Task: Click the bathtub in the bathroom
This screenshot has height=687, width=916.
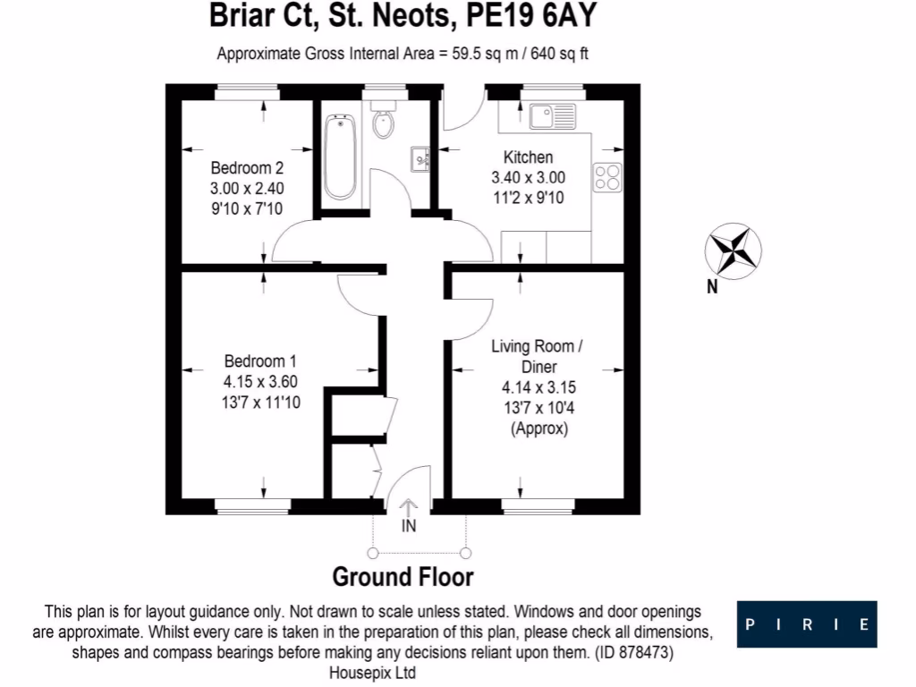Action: pyautogui.click(x=341, y=157)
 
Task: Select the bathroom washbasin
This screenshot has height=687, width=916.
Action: pyautogui.click(x=420, y=159)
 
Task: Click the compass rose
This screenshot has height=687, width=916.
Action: pyautogui.click(x=734, y=250)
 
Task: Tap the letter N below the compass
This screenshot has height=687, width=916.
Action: pyautogui.click(x=712, y=287)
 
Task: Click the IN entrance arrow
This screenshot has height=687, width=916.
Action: pyautogui.click(x=408, y=511)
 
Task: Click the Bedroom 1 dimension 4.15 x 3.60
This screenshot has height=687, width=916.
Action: pyautogui.click(x=260, y=382)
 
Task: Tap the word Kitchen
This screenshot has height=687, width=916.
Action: pyautogui.click(x=528, y=157)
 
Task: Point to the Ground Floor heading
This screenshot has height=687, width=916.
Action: pyautogui.click(x=403, y=577)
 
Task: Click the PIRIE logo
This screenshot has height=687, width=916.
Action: pyautogui.click(x=807, y=624)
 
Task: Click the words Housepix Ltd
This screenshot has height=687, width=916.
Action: pyautogui.click(x=372, y=672)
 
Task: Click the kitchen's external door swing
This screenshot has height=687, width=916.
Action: pyautogui.click(x=462, y=112)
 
